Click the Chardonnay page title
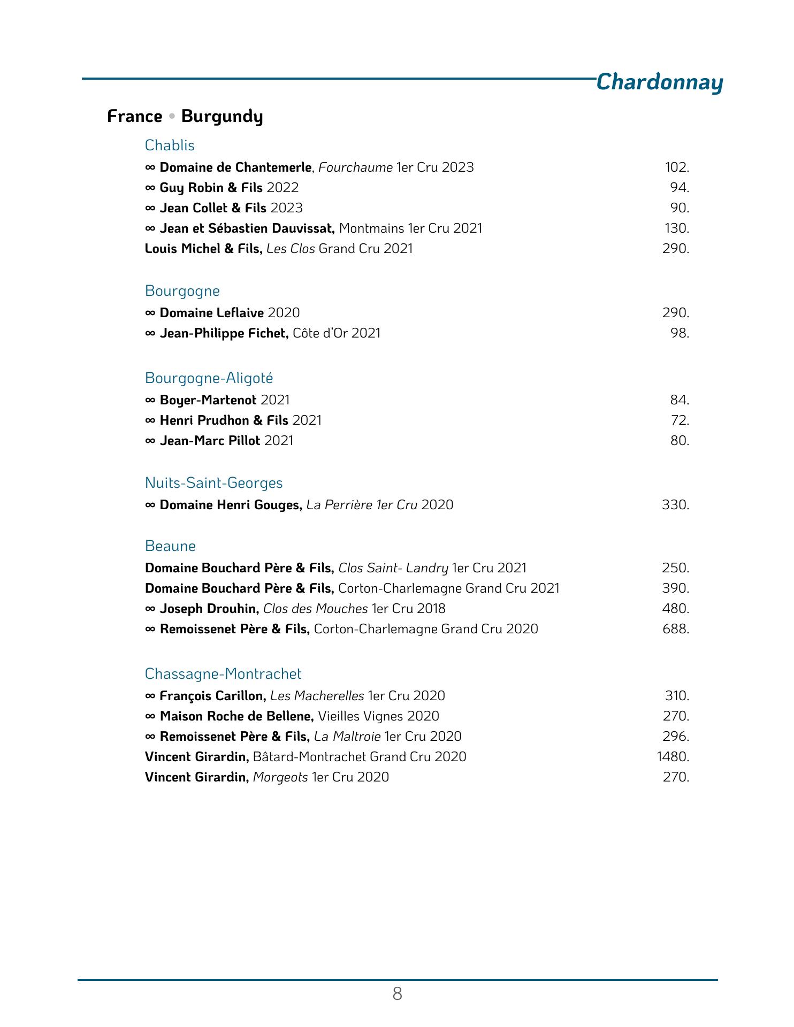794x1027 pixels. click(659, 82)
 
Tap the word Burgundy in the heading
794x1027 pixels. click(222, 117)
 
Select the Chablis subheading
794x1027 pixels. click(170, 145)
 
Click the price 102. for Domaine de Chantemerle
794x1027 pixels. click(677, 167)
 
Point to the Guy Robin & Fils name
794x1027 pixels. click(211, 188)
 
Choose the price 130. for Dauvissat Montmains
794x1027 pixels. click(677, 228)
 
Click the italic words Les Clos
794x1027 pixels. click(291, 249)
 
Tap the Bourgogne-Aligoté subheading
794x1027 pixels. click(209, 378)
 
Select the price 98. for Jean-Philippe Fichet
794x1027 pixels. click(680, 333)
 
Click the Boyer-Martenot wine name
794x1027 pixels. click(208, 400)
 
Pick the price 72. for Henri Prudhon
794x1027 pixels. click(680, 420)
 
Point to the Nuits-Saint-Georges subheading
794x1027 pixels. click(213, 483)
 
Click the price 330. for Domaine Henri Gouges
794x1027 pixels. click(675, 505)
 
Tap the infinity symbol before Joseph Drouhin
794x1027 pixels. click(150, 609)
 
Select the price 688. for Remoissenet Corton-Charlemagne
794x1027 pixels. click(676, 629)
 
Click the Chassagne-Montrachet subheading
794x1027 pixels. click(223, 674)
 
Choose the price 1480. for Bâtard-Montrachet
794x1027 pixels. click(673, 757)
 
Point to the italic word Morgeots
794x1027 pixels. click(280, 777)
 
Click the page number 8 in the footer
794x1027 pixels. click(397, 994)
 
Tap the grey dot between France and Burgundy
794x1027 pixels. click(172, 116)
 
